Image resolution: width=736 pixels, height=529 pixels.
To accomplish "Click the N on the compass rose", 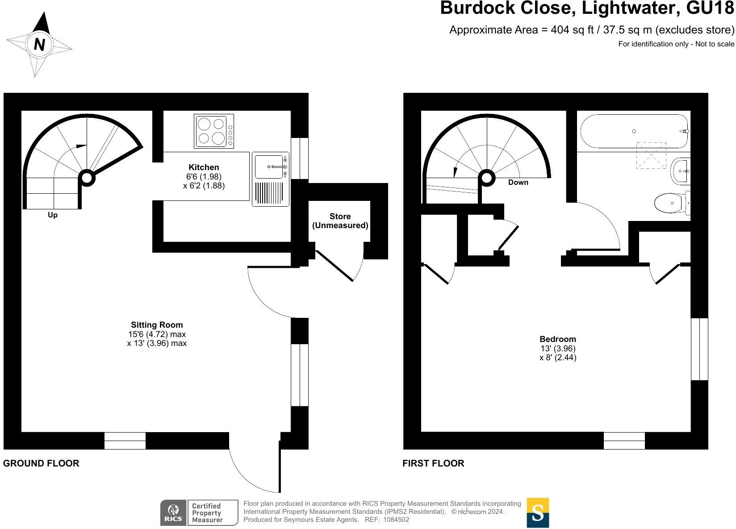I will (x=39, y=45).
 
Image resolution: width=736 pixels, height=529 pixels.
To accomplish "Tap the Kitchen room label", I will (x=204, y=167).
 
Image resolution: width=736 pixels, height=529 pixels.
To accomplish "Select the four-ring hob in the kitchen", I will (x=213, y=131).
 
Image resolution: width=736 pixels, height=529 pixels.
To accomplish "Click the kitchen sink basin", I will (x=269, y=167).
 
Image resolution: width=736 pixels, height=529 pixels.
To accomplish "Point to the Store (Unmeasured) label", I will (x=340, y=221).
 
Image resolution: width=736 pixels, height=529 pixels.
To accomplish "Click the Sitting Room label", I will (x=157, y=325).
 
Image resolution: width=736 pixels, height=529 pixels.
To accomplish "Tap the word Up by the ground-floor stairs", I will (x=53, y=215).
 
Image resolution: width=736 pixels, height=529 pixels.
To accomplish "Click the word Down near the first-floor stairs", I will (x=518, y=182).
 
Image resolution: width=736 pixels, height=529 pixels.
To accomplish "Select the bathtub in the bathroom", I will (x=633, y=131).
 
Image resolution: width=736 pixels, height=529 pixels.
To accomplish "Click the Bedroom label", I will (x=558, y=339).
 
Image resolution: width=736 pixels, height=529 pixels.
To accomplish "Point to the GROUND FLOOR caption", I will (x=41, y=463).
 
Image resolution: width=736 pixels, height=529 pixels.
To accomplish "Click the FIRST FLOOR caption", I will (x=433, y=463).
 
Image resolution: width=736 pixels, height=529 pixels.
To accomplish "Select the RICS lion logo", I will (x=172, y=512).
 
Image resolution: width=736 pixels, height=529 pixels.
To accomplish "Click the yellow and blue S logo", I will (x=538, y=512).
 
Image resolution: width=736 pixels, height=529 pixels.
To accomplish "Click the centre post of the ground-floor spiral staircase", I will (x=87, y=178).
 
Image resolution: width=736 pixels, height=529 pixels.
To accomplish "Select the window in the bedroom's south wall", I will (x=624, y=441).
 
